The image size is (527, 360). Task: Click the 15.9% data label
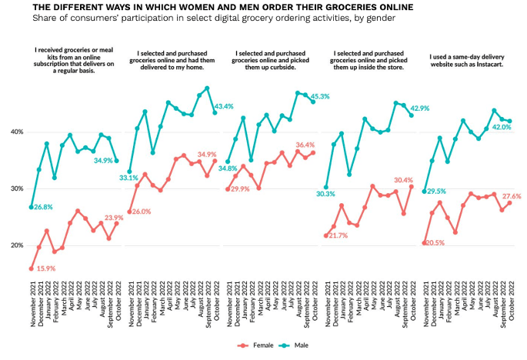46,268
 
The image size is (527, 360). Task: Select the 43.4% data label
225,106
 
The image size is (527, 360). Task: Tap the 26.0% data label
141,212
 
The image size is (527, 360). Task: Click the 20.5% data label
437,243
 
